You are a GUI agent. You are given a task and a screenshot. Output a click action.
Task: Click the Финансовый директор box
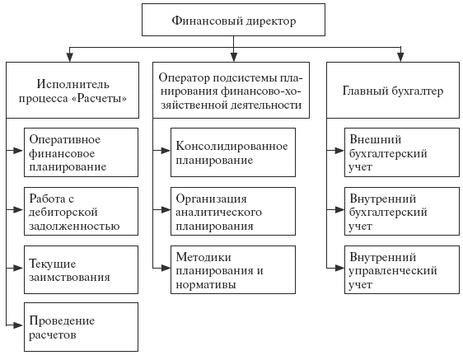233,20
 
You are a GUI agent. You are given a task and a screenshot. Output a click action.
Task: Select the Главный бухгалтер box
393,90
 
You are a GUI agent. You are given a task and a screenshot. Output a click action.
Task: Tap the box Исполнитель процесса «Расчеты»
72,90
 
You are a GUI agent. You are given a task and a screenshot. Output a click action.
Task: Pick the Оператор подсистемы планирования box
231,90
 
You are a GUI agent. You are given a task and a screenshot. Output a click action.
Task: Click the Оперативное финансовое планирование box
81,152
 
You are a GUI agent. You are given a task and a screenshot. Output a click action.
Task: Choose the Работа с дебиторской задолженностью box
81,211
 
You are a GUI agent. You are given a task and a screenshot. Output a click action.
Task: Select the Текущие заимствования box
81,269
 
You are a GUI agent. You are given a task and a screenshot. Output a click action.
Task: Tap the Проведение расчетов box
81,327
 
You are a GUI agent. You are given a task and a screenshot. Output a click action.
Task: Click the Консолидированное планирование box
233,152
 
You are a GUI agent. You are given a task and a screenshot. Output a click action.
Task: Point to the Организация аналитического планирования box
233,211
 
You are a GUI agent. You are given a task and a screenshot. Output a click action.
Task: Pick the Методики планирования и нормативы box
233,269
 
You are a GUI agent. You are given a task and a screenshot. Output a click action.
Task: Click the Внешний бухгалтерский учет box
402,152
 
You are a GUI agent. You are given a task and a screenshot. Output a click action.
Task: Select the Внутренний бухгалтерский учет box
402,211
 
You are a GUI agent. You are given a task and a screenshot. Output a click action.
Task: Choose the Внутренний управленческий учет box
402,269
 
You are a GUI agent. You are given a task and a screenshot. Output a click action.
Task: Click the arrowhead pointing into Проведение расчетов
18,325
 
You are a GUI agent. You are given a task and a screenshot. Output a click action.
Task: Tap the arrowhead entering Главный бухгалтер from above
400,57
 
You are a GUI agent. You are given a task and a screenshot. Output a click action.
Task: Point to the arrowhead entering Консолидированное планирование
166,151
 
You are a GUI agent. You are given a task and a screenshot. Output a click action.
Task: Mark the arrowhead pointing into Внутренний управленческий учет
339,269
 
